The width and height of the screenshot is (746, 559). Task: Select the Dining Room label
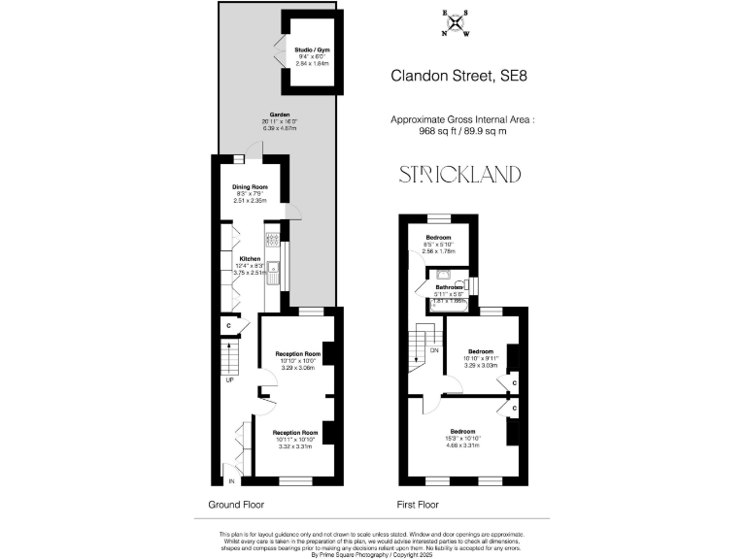pyautogui.click(x=250, y=187)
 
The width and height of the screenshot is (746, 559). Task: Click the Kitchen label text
pyautogui.click(x=250, y=259)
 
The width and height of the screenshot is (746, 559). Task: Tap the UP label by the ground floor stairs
pyautogui.click(x=229, y=379)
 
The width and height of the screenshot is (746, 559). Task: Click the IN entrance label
pyautogui.click(x=231, y=481)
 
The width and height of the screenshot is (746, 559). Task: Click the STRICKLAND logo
pyautogui.click(x=460, y=175)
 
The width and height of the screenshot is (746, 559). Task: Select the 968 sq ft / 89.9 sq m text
pyautogui.click(x=461, y=131)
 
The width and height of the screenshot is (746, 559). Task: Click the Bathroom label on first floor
pyautogui.click(x=449, y=287)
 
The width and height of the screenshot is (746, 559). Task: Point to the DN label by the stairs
pyautogui.click(x=434, y=349)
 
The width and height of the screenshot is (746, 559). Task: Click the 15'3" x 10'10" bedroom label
pyautogui.click(x=462, y=438)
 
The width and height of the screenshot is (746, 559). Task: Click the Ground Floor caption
pyautogui.click(x=236, y=505)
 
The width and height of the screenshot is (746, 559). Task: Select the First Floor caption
pyautogui.click(x=418, y=505)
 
